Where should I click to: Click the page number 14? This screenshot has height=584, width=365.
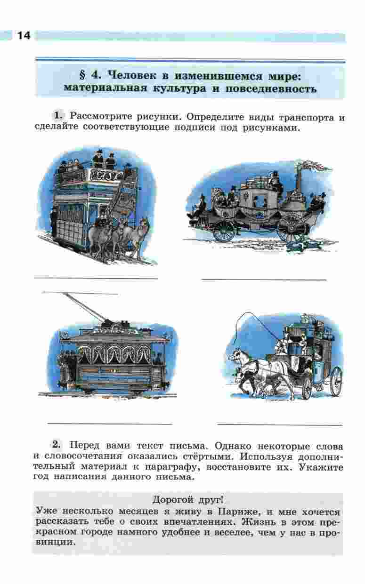click(x=24, y=36)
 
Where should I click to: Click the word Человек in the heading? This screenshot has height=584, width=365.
click(x=133, y=75)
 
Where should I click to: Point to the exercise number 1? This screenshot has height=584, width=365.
click(x=58, y=116)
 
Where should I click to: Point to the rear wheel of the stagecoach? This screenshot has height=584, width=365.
click(x=335, y=381)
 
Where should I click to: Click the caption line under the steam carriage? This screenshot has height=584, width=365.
click(x=264, y=280)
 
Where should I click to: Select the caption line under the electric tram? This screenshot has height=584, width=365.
click(x=110, y=424)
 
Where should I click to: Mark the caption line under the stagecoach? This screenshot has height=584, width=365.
click(x=280, y=425)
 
